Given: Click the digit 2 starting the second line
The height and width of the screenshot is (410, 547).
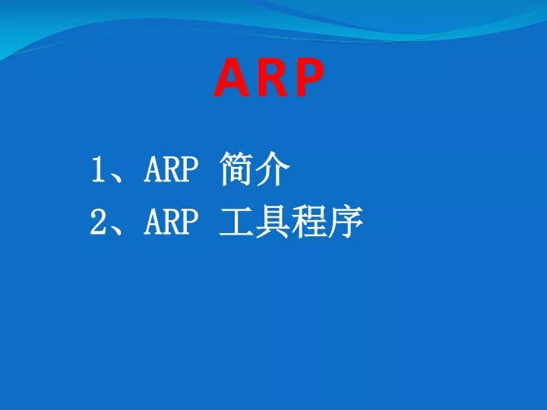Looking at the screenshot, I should [x=97, y=222].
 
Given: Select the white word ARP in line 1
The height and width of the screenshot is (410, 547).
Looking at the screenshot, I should [x=171, y=170].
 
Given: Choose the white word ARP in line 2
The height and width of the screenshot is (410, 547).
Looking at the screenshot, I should [x=171, y=222].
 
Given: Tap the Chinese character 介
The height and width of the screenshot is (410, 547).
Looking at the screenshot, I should [x=273, y=170].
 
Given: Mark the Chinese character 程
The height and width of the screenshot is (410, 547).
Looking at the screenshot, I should [x=309, y=222].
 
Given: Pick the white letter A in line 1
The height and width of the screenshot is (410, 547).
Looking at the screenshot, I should [x=153, y=170].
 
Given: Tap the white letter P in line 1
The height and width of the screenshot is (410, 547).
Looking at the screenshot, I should [x=189, y=170].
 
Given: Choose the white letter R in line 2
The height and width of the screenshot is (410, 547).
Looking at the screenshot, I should [x=171, y=222].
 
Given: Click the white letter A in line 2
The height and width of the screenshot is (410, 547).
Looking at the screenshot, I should [x=153, y=222].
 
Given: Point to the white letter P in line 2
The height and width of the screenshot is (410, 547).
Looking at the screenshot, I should [x=189, y=222].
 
